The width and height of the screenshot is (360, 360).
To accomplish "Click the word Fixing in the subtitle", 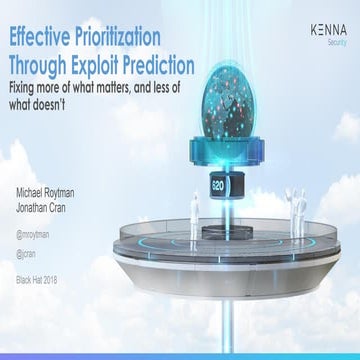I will click(x=25, y=88).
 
